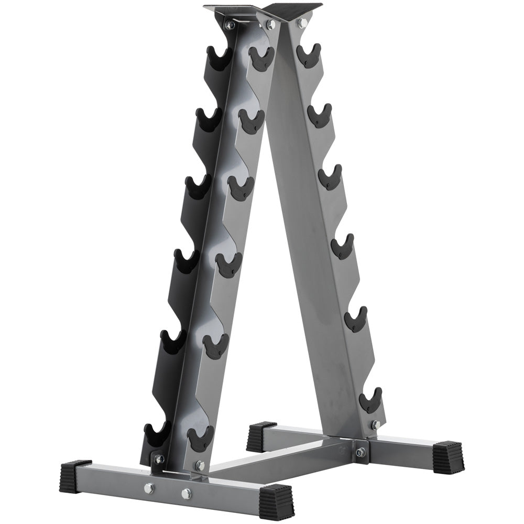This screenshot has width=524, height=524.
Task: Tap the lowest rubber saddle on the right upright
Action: pos(370,401)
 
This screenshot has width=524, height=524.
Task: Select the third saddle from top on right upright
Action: pos(330,177)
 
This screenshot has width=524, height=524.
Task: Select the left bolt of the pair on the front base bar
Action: pos(149,488)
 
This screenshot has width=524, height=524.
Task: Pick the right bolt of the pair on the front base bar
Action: pos(186,494)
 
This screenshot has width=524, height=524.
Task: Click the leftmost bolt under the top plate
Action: pos(229,25)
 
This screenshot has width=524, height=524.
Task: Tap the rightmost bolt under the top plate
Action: pos(302,23)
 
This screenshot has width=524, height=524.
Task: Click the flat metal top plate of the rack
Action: pos(262,10)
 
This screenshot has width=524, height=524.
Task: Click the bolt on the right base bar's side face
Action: pos(361,452)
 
